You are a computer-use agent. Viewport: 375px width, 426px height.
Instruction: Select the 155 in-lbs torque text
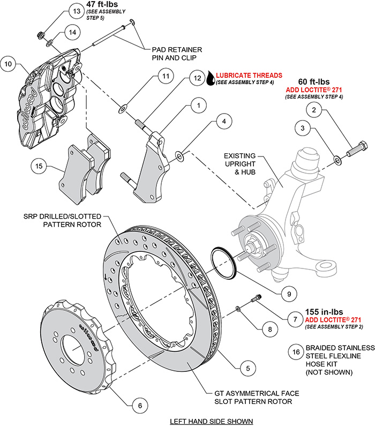(x=324, y=311)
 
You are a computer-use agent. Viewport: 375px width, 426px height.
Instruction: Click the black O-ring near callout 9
(x=221, y=263)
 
